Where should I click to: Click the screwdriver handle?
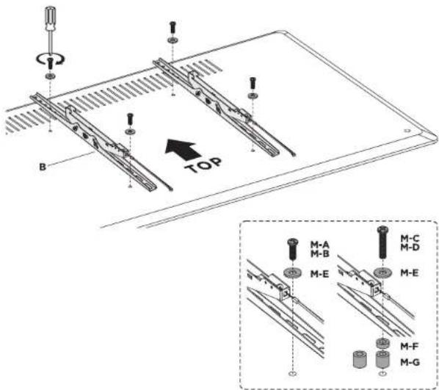pos(51,18)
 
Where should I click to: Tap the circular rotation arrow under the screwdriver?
pos(51,59)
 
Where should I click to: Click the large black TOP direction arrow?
pos(183,149)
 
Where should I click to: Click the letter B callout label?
pos(43,167)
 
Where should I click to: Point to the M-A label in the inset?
pos(320,245)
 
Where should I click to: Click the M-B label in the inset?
pos(320,254)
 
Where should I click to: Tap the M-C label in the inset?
pos(410,239)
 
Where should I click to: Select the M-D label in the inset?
pos(410,248)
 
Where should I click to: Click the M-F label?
pos(410,347)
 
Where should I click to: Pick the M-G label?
pos(410,362)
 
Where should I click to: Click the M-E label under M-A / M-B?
pos(320,274)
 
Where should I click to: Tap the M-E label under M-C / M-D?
pos(410,272)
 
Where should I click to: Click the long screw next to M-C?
pos(382,242)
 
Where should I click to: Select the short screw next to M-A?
pos(293,249)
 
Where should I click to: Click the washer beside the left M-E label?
pos(293,272)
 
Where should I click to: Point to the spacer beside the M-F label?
pos(382,344)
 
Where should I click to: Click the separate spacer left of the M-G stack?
pos(360,359)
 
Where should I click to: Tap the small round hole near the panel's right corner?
pos(407,131)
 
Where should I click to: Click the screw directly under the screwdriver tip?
pos(51,63)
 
